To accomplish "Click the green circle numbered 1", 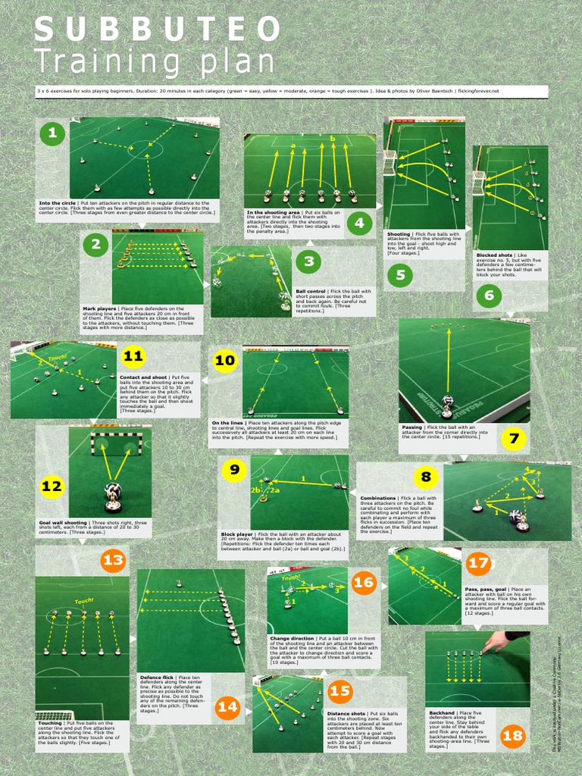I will pos(52,134).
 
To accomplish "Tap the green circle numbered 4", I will pos(358,223).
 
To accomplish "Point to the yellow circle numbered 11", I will pos(133,356).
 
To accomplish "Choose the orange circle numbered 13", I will pos(113,561).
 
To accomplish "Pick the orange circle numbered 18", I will pos(512,735).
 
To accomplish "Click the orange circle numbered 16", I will pos(364,582).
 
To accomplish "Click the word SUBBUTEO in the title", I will pos(158,30).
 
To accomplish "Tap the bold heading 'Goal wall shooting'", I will pos(63,523).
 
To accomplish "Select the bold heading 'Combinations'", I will pos(377,498).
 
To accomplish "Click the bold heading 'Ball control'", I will pos(311,291).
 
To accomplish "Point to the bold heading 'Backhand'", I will pos(442,713).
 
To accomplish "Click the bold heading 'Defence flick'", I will pos(157,677).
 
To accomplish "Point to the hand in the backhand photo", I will pos(499,641).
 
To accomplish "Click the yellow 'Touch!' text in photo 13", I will pos(83,601).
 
